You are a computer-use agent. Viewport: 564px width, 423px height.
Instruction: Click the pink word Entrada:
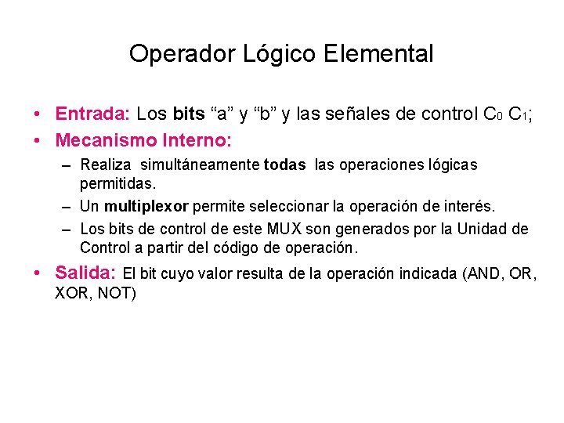click(x=92, y=114)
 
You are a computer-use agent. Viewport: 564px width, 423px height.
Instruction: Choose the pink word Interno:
click(x=196, y=141)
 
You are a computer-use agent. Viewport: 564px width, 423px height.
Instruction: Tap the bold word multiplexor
click(x=146, y=206)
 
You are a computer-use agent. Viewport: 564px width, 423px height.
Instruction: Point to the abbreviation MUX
click(x=287, y=230)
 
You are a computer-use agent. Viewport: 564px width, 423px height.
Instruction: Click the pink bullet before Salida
click(x=38, y=274)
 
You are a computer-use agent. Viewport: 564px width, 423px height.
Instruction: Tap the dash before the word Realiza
click(x=67, y=165)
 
